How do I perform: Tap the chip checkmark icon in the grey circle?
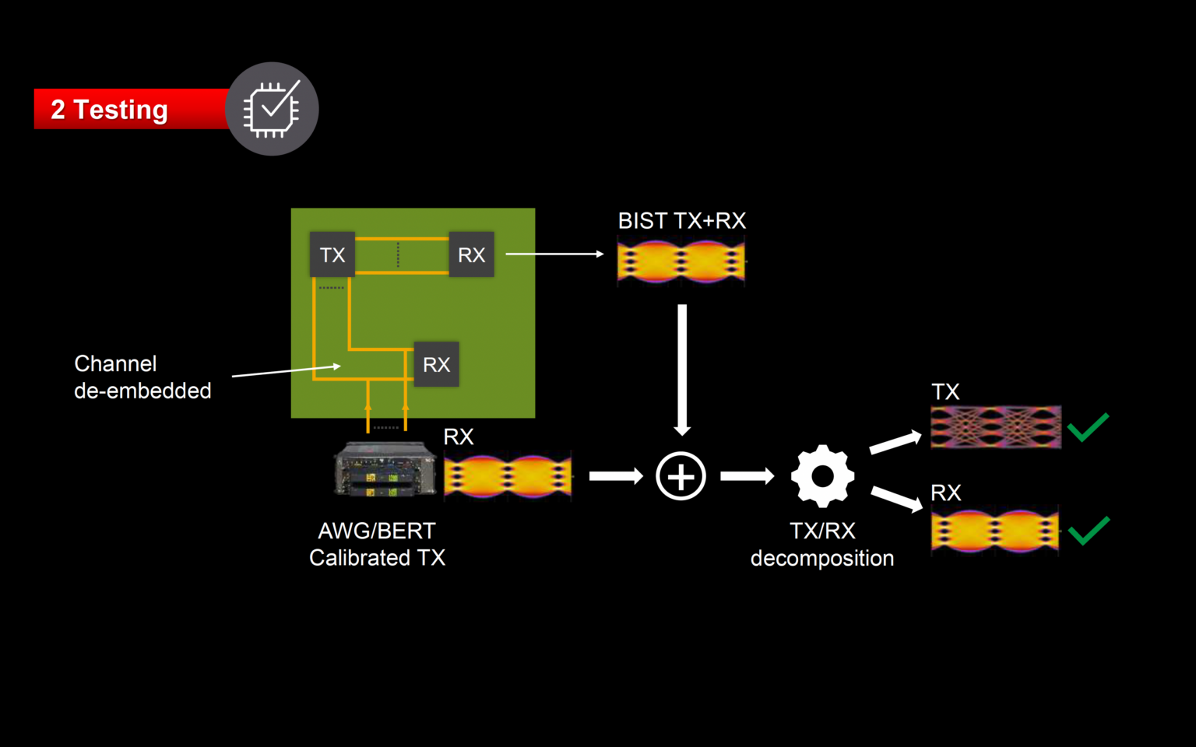[272, 109]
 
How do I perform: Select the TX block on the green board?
[332, 254]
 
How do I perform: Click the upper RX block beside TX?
[471, 254]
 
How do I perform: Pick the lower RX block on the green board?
[436, 364]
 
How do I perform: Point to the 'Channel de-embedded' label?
[142, 377]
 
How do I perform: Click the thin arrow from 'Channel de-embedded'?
[286, 370]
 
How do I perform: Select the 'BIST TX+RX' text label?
[681, 221]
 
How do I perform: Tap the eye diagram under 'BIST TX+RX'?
[681, 262]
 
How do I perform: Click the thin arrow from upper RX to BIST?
[554, 254]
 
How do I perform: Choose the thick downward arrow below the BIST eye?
[682, 369]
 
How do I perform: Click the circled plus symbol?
[681, 475]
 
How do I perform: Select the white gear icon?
[822, 475]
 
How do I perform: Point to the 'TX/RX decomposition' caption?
[822, 545]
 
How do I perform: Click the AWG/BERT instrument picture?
[385, 468]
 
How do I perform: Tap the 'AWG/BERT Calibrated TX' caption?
[377, 544]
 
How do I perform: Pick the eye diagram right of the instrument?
[508, 475]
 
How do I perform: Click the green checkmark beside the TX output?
[1088, 427]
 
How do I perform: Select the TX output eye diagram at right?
[996, 426]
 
